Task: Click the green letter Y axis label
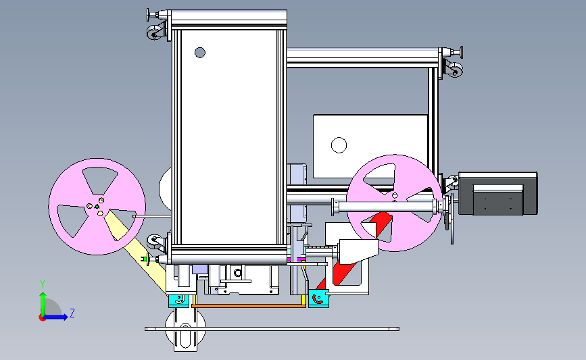(43, 284)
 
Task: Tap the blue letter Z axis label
(72, 313)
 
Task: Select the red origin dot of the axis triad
(42, 318)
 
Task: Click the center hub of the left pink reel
(97, 207)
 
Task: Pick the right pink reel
(394, 203)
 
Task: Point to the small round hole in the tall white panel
(200, 53)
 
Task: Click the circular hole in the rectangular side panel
(339, 145)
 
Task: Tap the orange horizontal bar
(249, 306)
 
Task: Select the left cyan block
(179, 301)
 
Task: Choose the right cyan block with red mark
(318, 299)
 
